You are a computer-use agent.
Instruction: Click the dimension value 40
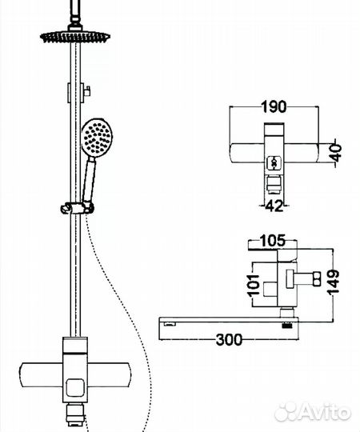(336, 151)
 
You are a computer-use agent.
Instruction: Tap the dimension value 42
(274, 206)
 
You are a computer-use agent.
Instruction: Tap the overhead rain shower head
(75, 36)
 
